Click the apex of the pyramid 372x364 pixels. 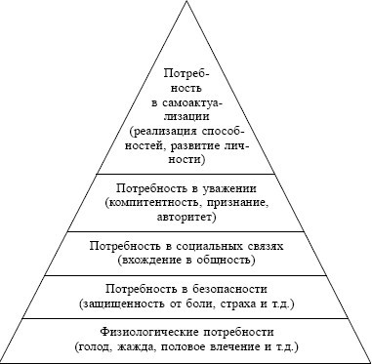pyautogui.click(x=186, y=4)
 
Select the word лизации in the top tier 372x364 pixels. pyautogui.click(x=186, y=115)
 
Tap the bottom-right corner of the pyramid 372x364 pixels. pyautogui.click(x=368, y=360)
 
